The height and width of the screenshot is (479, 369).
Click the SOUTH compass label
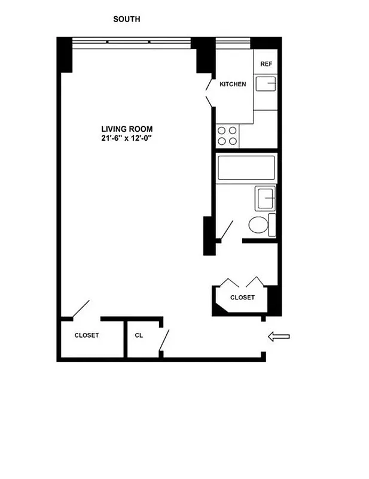tap(127, 19)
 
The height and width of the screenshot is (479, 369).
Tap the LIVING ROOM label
tap(127, 129)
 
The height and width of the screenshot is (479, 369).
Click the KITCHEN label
tap(233, 84)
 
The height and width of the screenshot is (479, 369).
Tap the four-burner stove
tap(227, 136)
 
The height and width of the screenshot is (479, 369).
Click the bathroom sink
tap(266, 197)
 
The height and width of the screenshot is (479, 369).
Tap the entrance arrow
tap(278, 338)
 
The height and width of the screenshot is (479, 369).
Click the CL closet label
tap(139, 335)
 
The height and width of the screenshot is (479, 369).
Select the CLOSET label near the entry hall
tap(242, 298)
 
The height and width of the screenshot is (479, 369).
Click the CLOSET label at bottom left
tap(87, 335)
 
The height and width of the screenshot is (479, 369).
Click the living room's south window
tap(132, 42)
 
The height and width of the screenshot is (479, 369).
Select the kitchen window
tap(233, 42)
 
